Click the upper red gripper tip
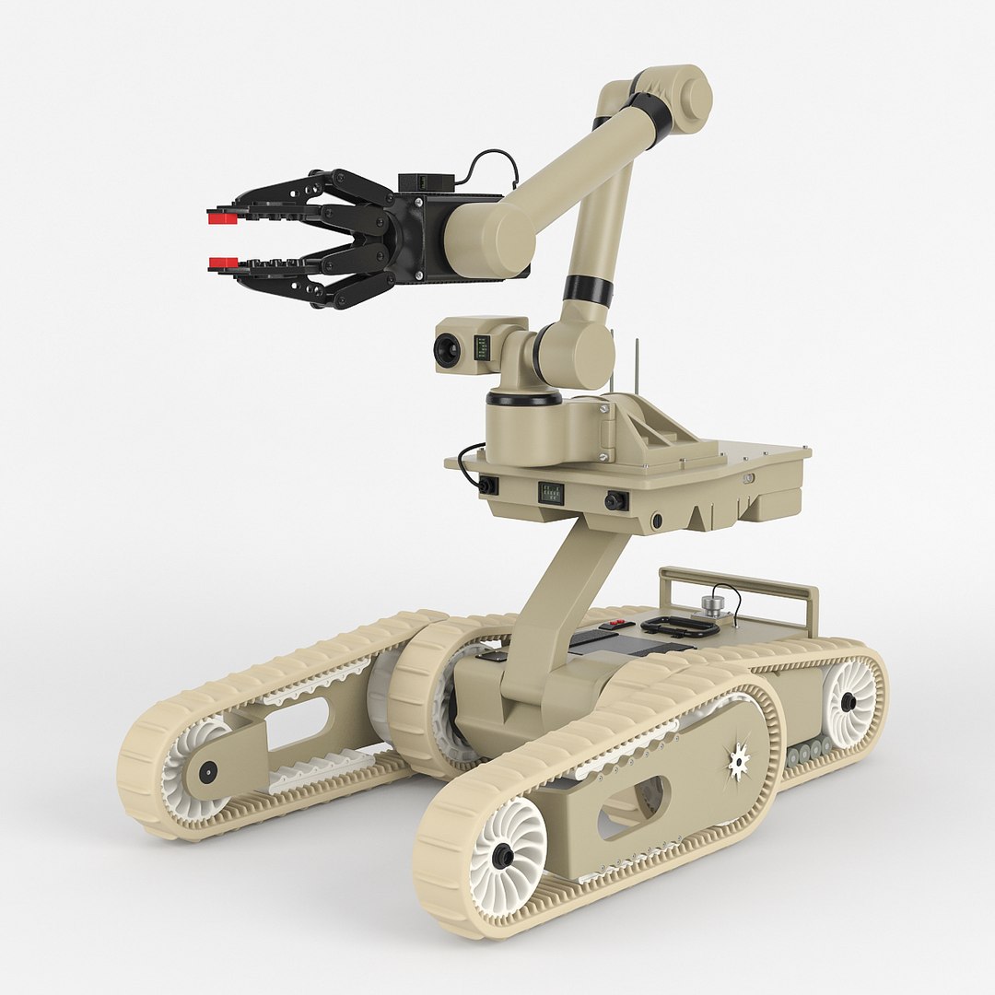(x=218, y=217)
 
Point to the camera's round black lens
(x=448, y=349)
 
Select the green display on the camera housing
(x=481, y=347)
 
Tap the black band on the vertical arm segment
(x=588, y=290)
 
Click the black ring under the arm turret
(x=523, y=398)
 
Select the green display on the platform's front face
(x=551, y=492)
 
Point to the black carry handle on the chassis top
(x=680, y=627)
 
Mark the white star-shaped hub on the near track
(x=738, y=760)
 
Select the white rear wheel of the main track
(x=849, y=702)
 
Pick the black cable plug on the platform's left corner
(x=488, y=485)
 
